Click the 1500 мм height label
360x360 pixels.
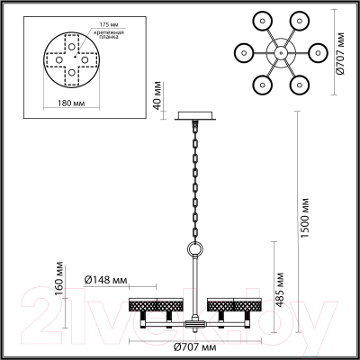tap(304, 216)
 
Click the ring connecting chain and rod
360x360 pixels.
tap(193, 248)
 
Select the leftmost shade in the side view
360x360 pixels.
tap(144, 305)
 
